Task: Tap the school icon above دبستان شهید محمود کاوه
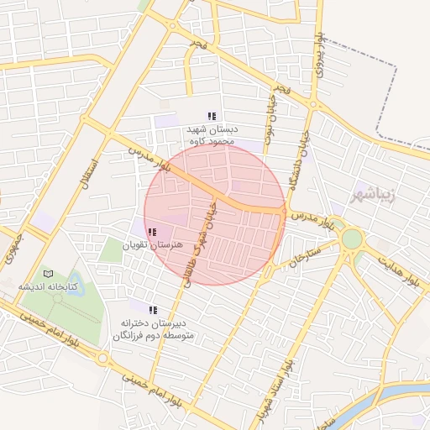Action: point(212,116)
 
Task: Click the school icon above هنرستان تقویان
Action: point(151,232)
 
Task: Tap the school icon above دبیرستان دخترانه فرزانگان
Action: point(153,309)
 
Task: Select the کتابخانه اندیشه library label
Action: point(48,286)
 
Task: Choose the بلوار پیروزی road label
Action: point(319,55)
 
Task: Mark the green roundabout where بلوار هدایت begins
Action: point(352,239)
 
